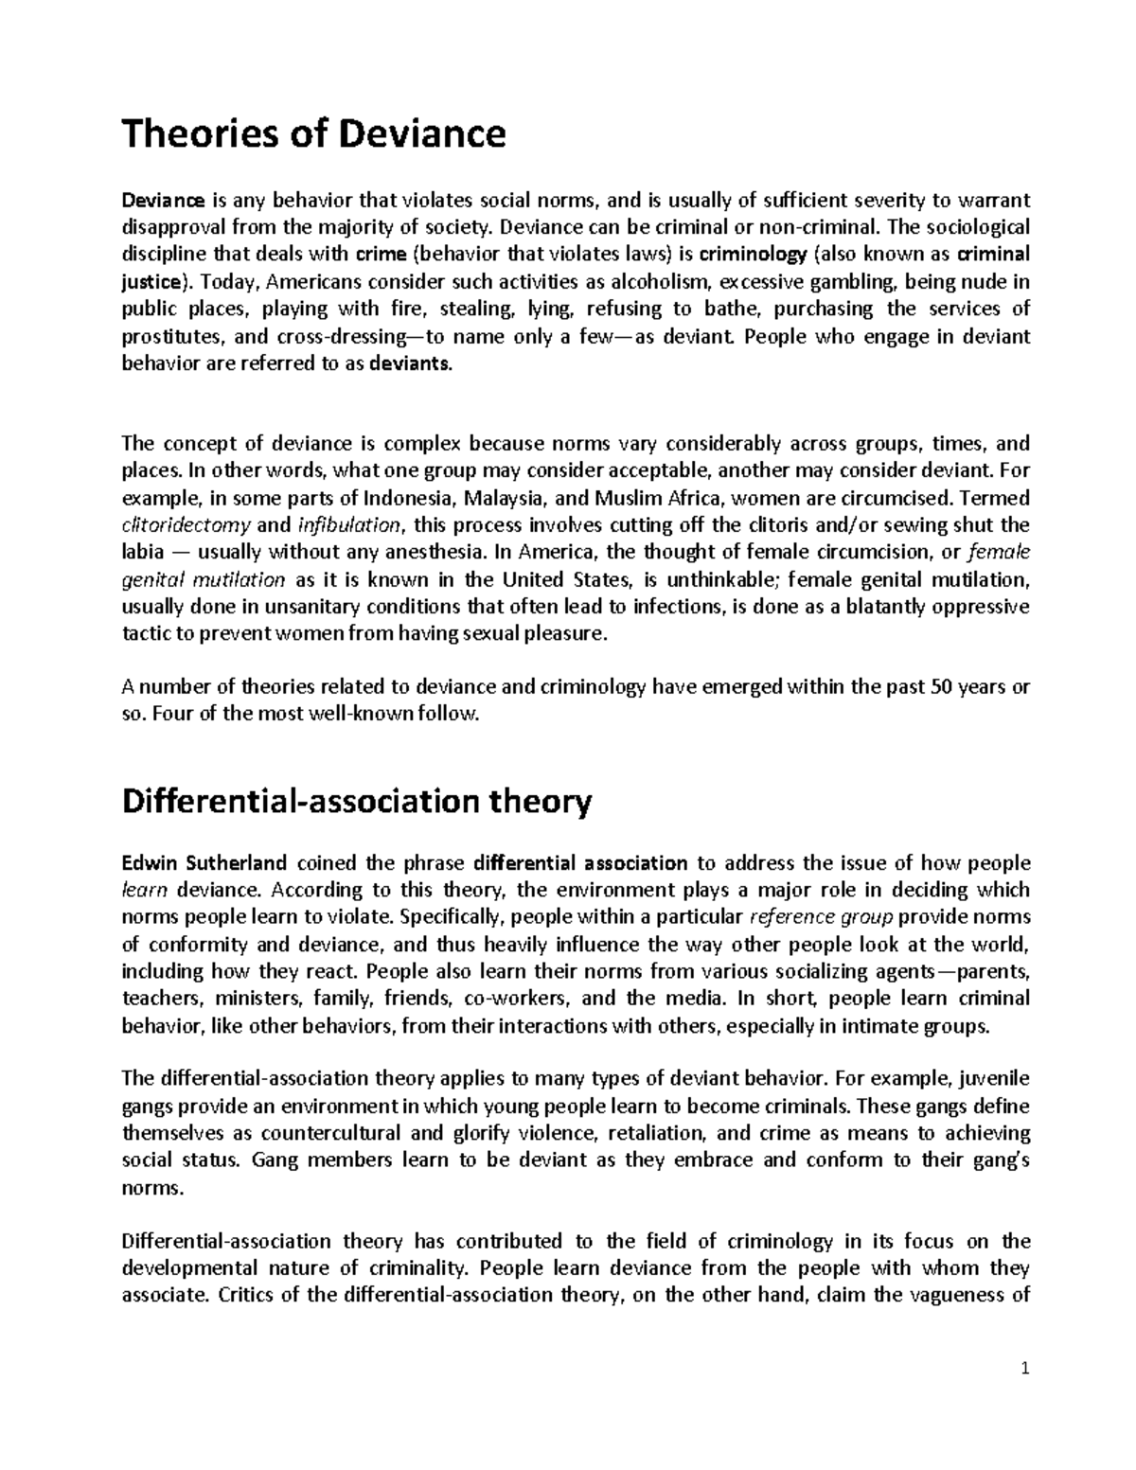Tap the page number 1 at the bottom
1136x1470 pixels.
[x=1025, y=1395]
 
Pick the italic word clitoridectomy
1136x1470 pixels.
[x=186, y=525]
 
